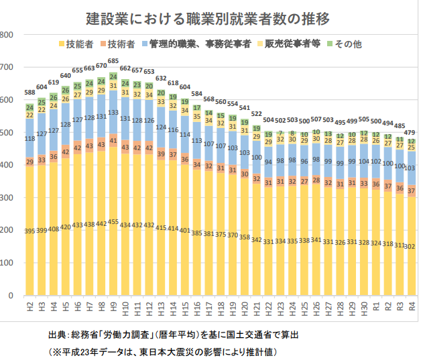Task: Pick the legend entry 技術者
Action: click(121, 44)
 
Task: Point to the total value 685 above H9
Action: click(113, 61)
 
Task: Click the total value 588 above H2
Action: click(29, 93)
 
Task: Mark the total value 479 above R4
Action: click(412, 132)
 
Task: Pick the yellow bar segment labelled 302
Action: click(412, 246)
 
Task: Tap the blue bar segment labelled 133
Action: click(113, 113)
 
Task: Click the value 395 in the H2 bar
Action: click(29, 231)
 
